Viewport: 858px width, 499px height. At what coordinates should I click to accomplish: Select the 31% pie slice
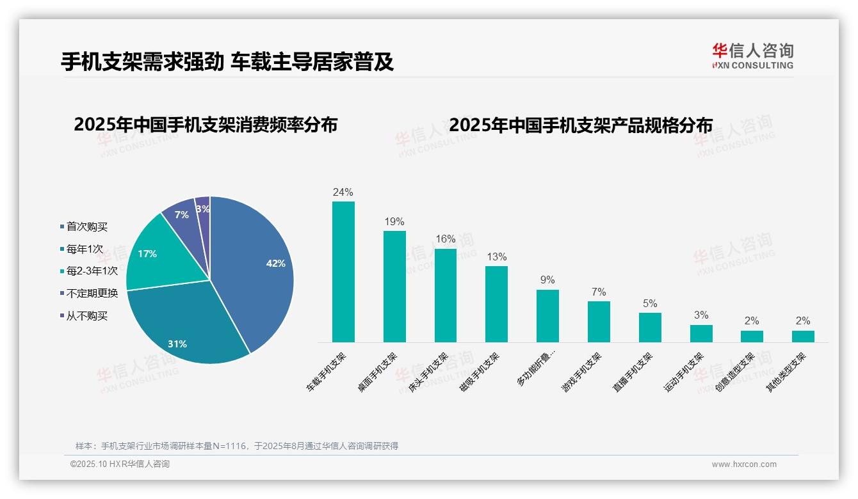coord(186,326)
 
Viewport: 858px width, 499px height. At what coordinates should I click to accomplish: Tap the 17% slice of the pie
coord(154,256)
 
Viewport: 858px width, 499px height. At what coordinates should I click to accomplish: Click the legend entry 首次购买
coord(86,226)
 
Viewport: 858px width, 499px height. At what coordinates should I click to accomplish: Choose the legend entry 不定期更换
coord(92,294)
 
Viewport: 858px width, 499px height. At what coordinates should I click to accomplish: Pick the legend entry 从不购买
coord(86,316)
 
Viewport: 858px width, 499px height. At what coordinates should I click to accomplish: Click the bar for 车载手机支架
coord(343,272)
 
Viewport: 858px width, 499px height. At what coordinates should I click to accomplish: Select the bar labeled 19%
coord(394,287)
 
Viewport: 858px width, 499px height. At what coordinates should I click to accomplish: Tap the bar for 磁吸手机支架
coord(496,304)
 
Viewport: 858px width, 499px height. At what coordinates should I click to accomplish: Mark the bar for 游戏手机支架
coord(599,322)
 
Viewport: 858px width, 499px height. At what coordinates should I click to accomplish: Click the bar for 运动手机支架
coord(701,333)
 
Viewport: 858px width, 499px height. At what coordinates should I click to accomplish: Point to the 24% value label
coord(343,192)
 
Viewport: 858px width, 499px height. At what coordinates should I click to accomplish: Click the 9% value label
coord(547,280)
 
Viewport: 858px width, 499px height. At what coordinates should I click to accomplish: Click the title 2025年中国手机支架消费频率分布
coord(206,125)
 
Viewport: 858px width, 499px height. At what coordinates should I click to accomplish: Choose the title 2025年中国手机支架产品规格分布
coord(581,125)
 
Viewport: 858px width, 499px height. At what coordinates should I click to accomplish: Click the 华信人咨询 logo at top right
coord(752,56)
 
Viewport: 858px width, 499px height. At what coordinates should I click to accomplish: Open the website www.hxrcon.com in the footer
coord(744,464)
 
